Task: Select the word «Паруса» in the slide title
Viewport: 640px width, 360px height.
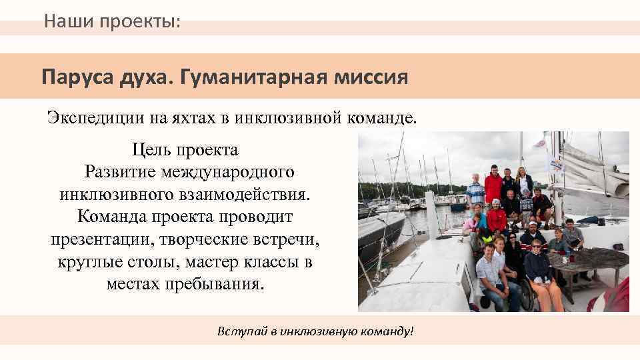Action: (x=72, y=77)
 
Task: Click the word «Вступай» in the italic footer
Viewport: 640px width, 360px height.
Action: (x=237, y=331)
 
